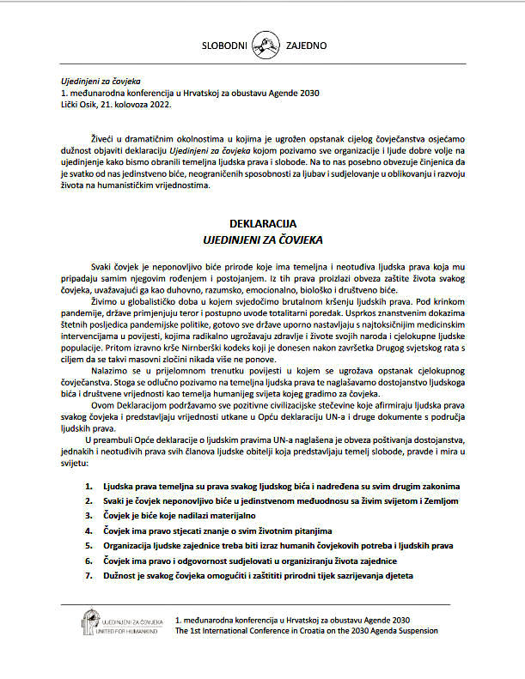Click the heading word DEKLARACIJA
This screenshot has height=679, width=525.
point(263,222)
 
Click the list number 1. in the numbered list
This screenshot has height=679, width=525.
point(89,486)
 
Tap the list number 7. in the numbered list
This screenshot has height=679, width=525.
point(89,575)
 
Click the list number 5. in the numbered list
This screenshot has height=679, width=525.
point(89,545)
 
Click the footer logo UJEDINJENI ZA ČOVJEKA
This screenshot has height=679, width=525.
point(120,622)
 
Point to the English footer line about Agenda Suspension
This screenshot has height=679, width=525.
point(306,630)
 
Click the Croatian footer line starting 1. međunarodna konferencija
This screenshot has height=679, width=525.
point(292,619)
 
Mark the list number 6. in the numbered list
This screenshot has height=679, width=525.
point(89,560)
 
